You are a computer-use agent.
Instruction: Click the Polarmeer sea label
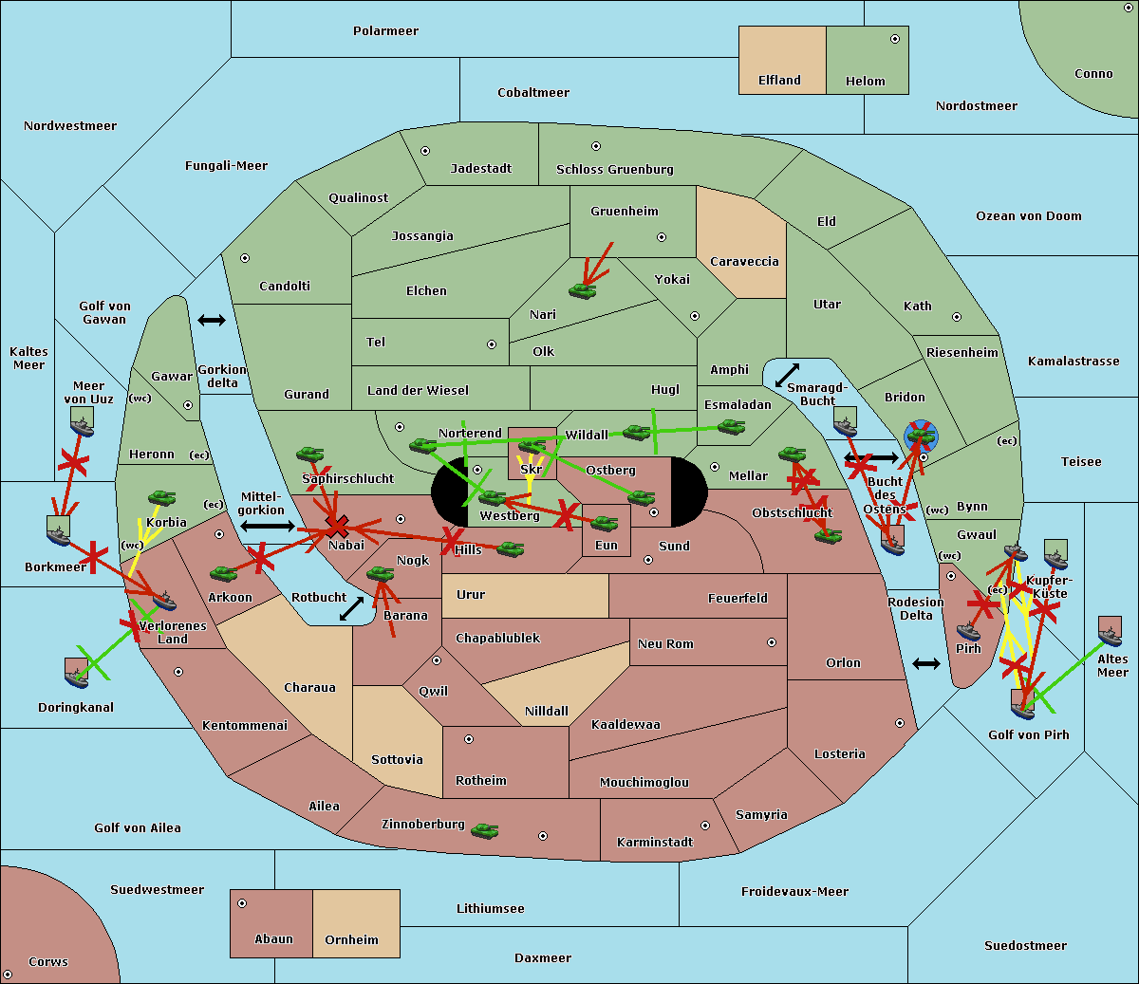[x=385, y=31]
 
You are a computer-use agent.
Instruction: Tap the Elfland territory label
[x=779, y=81]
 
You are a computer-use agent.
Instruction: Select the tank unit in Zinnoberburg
[x=484, y=831]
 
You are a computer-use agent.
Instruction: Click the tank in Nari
[x=582, y=289]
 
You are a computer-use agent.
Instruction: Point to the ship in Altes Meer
[x=1110, y=630]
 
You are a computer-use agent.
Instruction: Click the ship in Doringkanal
[x=76, y=672]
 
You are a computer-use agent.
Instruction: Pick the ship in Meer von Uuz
[x=82, y=421]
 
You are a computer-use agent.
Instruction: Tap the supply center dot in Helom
[x=894, y=39]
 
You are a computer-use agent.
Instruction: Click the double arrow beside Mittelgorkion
[x=267, y=526]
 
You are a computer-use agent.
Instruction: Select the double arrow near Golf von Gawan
[x=211, y=320]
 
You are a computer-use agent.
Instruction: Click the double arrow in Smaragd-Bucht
[x=787, y=375]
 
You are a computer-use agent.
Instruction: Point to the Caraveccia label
[x=744, y=262]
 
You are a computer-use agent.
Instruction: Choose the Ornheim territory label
[x=351, y=940]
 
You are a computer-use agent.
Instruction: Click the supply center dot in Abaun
[x=242, y=903]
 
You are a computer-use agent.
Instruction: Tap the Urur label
[x=471, y=595]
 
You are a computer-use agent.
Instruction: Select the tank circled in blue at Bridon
[x=920, y=436]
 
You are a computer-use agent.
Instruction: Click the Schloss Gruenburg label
[x=614, y=170]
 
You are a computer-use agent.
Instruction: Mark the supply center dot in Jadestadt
[x=425, y=151]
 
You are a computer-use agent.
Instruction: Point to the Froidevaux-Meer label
[x=794, y=892]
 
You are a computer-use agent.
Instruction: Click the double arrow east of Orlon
[x=925, y=663]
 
